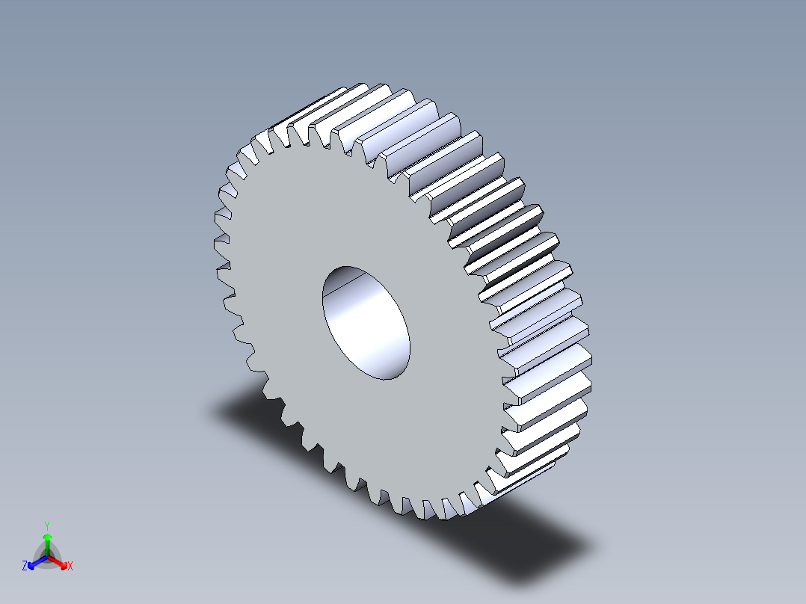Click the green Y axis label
47,525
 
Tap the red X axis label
70,567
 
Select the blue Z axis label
24,567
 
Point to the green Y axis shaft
47,547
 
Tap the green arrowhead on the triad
47,537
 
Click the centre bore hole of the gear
366,321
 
